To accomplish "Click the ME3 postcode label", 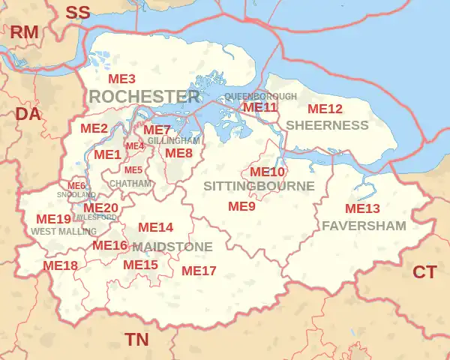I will click(x=121, y=79).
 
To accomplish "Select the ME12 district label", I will click(x=325, y=109).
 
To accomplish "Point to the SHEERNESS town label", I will click(x=328, y=125).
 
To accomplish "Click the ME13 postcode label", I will click(x=362, y=208).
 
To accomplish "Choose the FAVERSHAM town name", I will click(x=364, y=225).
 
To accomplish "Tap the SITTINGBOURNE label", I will click(x=250, y=184).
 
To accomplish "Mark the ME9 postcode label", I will click(x=241, y=205).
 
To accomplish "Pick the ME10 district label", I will click(x=267, y=172).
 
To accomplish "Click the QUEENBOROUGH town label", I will click(x=260, y=97).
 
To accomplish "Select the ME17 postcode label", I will click(x=199, y=270).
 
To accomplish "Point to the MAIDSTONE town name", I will click(x=172, y=247).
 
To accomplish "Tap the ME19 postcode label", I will click(x=53, y=219).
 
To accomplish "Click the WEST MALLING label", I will click(x=64, y=232).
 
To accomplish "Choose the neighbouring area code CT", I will click(x=424, y=272).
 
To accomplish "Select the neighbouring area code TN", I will click(x=136, y=340).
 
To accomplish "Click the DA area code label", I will click(x=28, y=114).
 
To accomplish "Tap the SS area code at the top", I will click(x=77, y=12).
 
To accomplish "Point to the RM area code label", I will click(x=23, y=31).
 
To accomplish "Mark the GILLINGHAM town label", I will click(x=174, y=140).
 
